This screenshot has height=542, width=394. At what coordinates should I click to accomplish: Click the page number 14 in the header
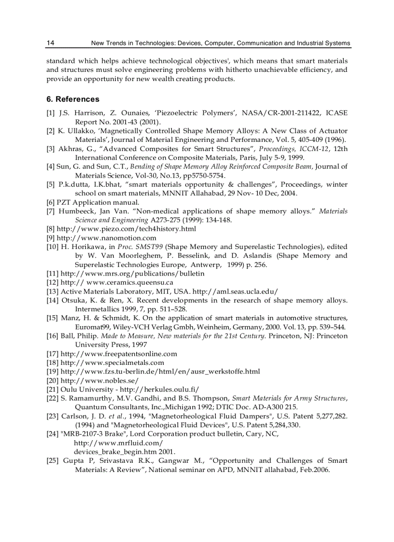(x=50, y=43)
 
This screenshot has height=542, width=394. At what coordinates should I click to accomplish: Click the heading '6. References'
(x=73, y=99)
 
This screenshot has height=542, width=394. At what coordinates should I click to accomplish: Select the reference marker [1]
(x=51, y=112)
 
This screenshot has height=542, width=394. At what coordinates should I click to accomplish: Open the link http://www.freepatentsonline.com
(x=118, y=354)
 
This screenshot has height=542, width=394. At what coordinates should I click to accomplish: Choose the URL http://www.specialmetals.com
(x=112, y=362)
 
